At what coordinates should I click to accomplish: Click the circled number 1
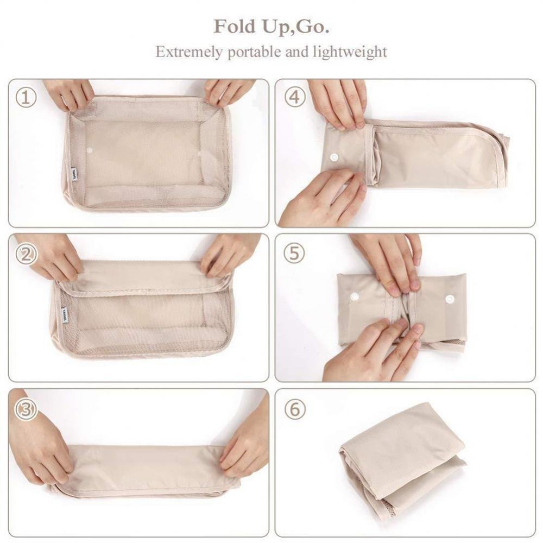[26, 98]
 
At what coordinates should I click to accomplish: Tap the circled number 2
[26, 254]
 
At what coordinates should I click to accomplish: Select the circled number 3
[26, 409]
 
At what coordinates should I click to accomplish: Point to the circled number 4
[295, 98]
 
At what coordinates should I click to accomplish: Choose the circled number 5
[294, 254]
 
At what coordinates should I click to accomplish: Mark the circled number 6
[294, 409]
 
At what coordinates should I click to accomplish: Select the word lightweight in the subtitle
[350, 52]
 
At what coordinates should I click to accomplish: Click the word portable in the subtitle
[254, 52]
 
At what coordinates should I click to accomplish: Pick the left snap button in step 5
[355, 296]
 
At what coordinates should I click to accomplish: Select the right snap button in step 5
[450, 299]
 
